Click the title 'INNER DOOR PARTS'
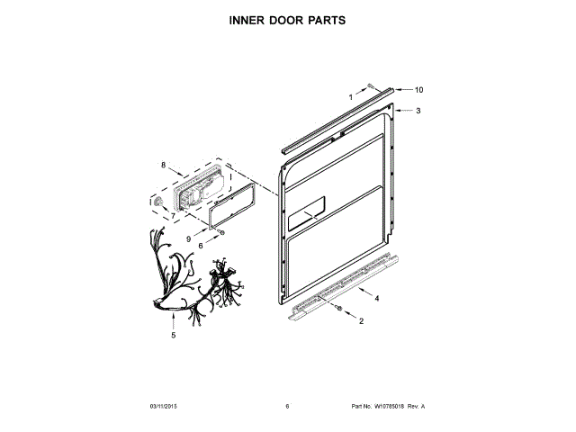point(288,19)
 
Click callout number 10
point(418,90)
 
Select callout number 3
point(418,111)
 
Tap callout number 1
point(351,95)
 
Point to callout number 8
point(163,166)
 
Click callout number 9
point(190,238)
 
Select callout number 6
point(201,246)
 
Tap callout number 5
point(174,335)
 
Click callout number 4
point(376,298)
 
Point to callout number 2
point(361,320)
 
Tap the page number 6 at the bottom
point(287,407)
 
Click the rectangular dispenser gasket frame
point(230,203)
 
